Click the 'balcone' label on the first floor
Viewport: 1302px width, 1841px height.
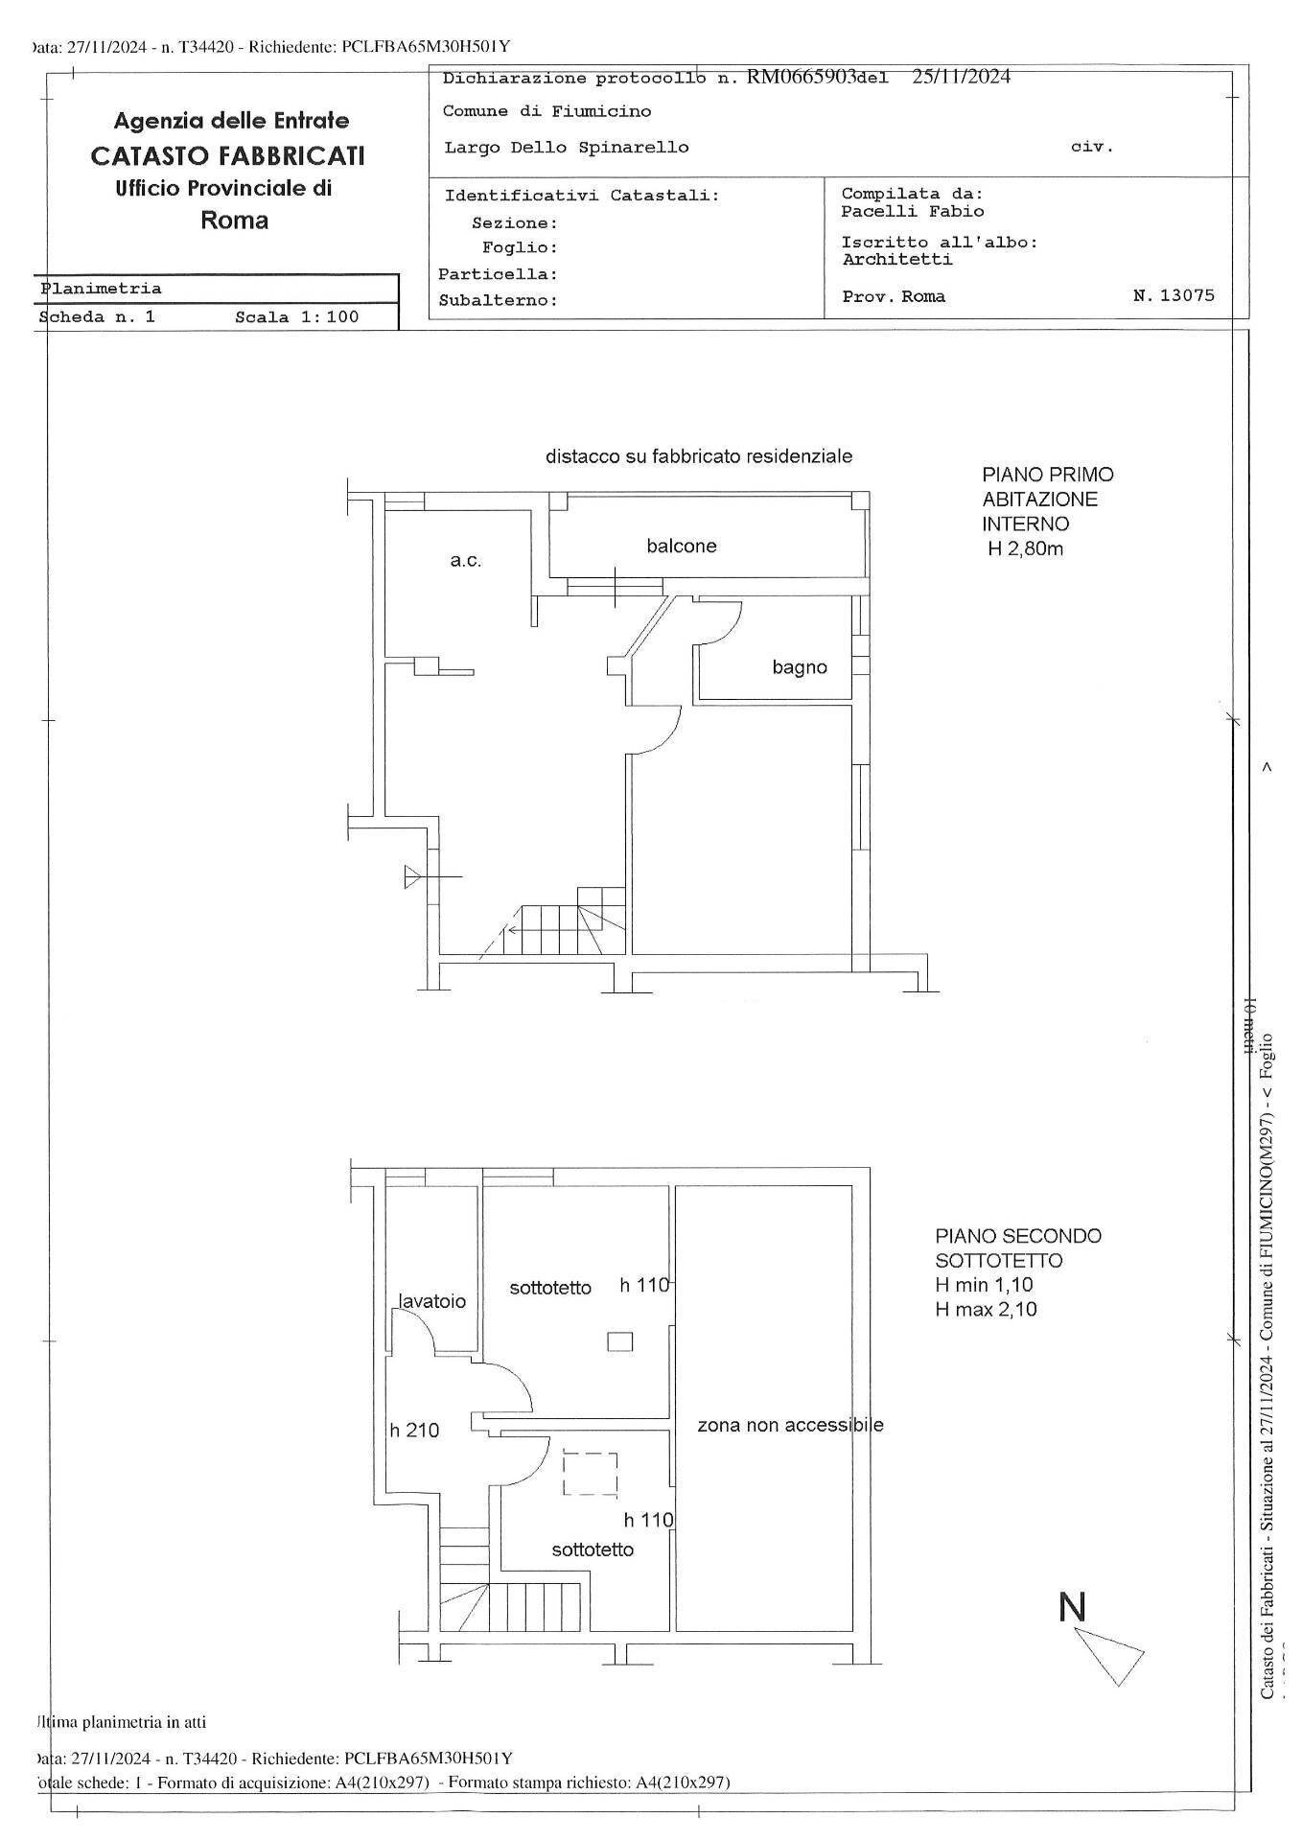tap(681, 547)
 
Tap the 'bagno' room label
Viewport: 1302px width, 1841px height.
tap(800, 667)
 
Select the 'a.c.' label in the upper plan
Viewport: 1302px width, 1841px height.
tap(466, 561)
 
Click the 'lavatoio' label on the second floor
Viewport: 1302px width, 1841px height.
tap(432, 1301)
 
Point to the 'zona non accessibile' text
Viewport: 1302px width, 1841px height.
tap(790, 1425)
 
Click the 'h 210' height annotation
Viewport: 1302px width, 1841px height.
tap(414, 1431)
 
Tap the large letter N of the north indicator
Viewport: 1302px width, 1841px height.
tap(1072, 1607)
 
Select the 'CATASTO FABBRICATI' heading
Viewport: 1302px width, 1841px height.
tap(227, 155)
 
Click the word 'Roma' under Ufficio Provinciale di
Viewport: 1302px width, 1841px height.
tap(234, 221)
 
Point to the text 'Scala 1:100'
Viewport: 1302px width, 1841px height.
tap(297, 317)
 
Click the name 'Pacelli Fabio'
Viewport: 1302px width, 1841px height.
tap(912, 211)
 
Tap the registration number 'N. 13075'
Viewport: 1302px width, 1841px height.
tap(1174, 295)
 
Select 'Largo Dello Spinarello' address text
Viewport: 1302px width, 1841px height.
tap(567, 148)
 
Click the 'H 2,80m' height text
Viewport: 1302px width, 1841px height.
tap(1025, 549)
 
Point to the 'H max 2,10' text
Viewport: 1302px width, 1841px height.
tap(986, 1310)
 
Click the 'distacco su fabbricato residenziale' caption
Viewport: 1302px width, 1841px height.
tap(699, 456)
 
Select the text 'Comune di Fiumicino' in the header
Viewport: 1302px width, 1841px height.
tap(546, 111)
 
